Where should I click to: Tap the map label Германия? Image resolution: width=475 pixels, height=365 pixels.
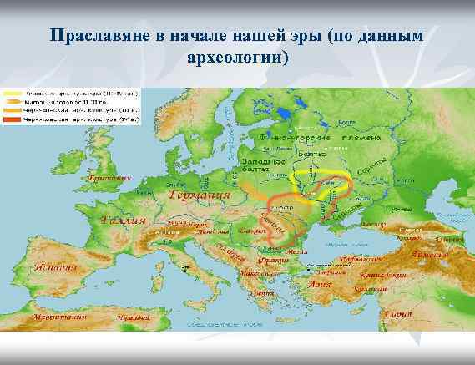[200, 198]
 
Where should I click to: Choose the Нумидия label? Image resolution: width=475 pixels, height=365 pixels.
[132, 318]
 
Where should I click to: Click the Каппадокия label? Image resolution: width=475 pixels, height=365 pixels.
[385, 274]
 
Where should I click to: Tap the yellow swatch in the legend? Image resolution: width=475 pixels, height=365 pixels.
[13, 92]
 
